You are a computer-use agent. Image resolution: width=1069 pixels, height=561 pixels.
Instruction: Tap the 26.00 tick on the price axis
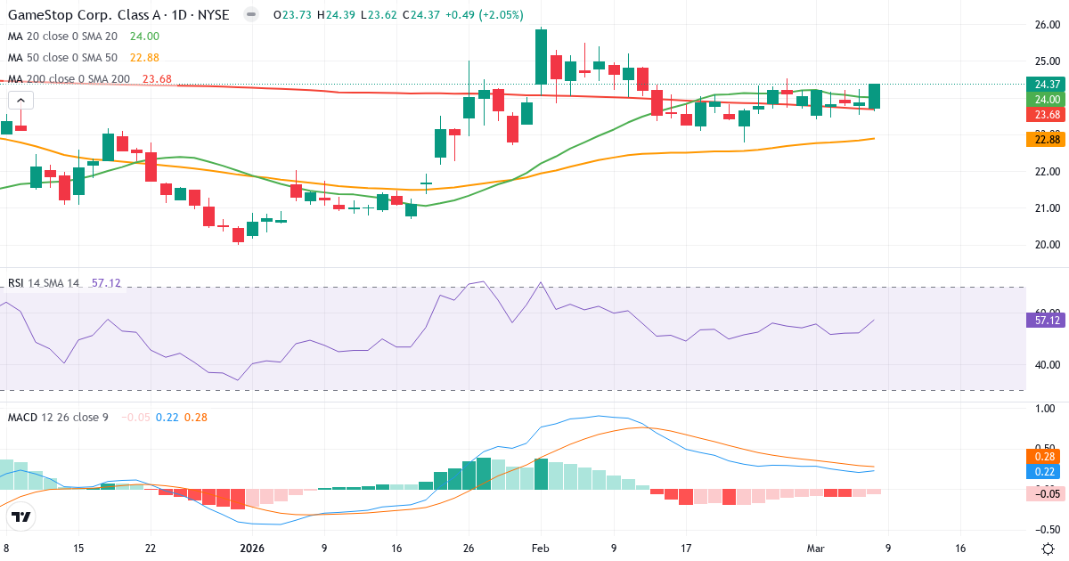coord(1042,24)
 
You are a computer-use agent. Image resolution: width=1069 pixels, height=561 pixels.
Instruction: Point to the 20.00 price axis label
coord(1042,244)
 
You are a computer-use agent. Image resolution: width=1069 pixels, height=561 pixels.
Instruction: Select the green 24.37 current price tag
coord(1042,85)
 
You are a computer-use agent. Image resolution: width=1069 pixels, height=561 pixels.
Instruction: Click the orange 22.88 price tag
coord(1042,139)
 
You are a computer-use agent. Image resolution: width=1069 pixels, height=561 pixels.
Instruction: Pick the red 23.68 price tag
coord(1042,115)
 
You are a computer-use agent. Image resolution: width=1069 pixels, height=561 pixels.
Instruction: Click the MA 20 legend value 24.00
coord(145,37)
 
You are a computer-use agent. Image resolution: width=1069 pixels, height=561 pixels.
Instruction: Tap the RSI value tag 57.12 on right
coord(1042,320)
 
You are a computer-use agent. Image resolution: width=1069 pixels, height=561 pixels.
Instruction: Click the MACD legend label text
coord(57,417)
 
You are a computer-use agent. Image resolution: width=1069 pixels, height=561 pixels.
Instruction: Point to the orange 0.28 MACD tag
coord(1042,456)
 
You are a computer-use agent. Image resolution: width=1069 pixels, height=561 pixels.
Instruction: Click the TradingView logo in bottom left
coord(20,516)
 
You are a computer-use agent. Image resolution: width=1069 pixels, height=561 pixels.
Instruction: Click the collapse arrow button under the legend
coord(19,101)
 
